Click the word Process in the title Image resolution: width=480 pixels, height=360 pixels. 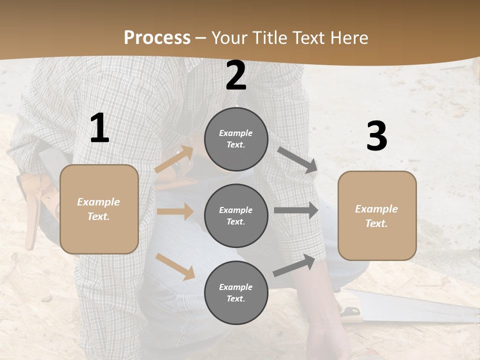[x=157, y=38]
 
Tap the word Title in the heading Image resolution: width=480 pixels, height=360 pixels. [x=269, y=38]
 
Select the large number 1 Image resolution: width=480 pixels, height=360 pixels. [x=99, y=128]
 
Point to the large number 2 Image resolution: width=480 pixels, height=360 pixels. [x=236, y=76]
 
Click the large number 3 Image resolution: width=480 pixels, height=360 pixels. [x=376, y=136]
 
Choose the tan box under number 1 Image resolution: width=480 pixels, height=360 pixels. [x=99, y=209]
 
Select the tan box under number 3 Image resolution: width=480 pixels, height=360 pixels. [x=377, y=215]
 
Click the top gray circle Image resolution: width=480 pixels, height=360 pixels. [x=236, y=139]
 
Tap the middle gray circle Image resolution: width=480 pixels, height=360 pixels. [x=236, y=215]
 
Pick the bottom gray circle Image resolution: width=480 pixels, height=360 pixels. [x=236, y=292]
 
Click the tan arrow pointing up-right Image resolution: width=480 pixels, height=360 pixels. [x=174, y=159]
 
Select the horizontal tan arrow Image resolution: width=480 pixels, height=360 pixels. [x=175, y=211]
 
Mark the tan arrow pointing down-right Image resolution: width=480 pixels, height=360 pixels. [x=175, y=266]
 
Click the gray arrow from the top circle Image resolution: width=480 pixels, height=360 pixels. [x=297, y=160]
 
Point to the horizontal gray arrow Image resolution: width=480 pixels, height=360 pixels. [x=296, y=210]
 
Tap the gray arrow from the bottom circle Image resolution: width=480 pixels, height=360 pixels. [x=294, y=265]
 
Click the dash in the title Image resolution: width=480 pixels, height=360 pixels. [x=201, y=38]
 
